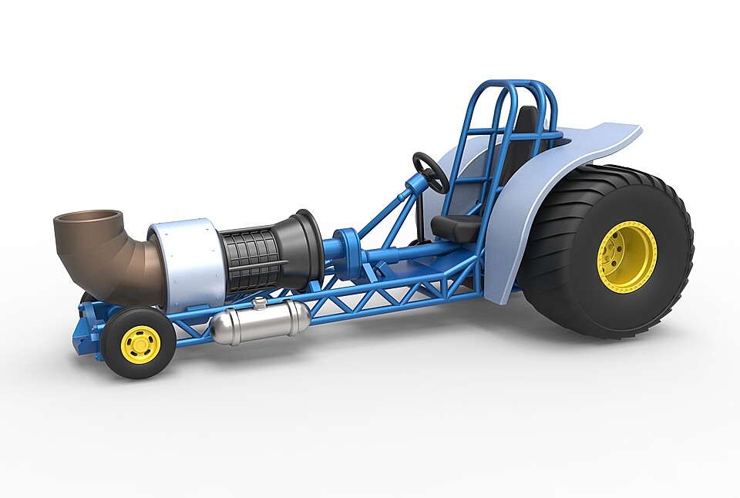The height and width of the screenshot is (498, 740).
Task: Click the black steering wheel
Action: click(x=430, y=172)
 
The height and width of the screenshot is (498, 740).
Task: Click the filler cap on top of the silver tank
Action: click(x=261, y=304)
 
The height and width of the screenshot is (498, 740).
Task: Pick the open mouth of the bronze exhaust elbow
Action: click(x=88, y=220)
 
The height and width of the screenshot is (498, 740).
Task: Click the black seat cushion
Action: click(x=455, y=226)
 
